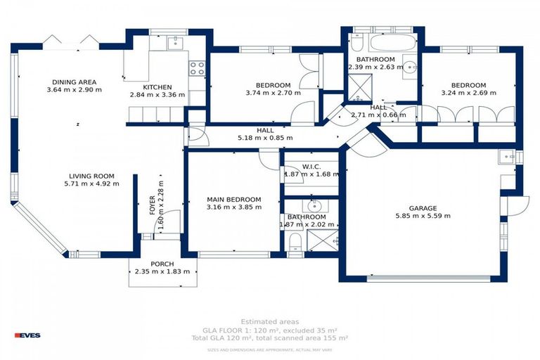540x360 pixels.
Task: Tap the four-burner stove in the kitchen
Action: point(197,68)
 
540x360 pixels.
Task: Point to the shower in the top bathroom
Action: point(362,85)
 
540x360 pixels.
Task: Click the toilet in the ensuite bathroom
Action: point(295,242)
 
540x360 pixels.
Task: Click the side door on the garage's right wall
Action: point(517,205)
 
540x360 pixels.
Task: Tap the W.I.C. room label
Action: point(311,167)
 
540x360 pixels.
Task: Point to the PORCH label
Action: point(162,264)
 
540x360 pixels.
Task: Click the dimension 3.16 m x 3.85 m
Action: point(234,207)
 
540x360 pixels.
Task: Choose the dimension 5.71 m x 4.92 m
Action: point(91,184)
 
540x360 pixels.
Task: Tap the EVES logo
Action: point(27,335)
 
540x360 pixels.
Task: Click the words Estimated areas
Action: point(269,321)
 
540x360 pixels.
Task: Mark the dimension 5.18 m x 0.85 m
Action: point(265,138)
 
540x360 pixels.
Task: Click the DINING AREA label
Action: point(74,82)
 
